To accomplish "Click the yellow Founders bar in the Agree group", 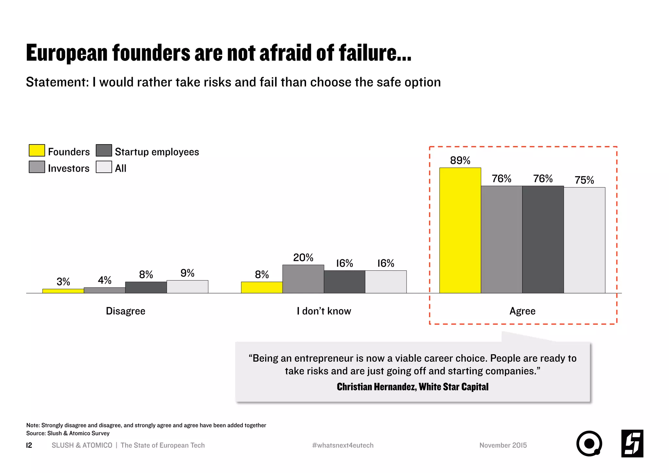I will click(460, 230).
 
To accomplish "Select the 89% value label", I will click(460, 160).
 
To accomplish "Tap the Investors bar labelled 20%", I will click(303, 279).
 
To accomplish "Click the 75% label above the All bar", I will click(584, 180).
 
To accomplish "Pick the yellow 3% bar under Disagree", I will click(63, 291).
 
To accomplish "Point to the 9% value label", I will click(187, 273).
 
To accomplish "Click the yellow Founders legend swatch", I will click(37, 150).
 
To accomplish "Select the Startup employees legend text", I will click(157, 152).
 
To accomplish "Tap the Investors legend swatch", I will click(37, 167).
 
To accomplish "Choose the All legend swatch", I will click(104, 167).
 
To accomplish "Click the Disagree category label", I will click(125, 311).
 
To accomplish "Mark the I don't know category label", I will click(324, 311).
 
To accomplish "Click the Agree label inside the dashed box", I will click(522, 311).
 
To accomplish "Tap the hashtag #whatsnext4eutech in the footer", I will click(343, 445).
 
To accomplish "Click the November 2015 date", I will click(503, 445).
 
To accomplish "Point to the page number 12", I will click(29, 445).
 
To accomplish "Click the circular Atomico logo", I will click(589, 444).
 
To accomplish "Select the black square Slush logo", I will click(632, 444).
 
